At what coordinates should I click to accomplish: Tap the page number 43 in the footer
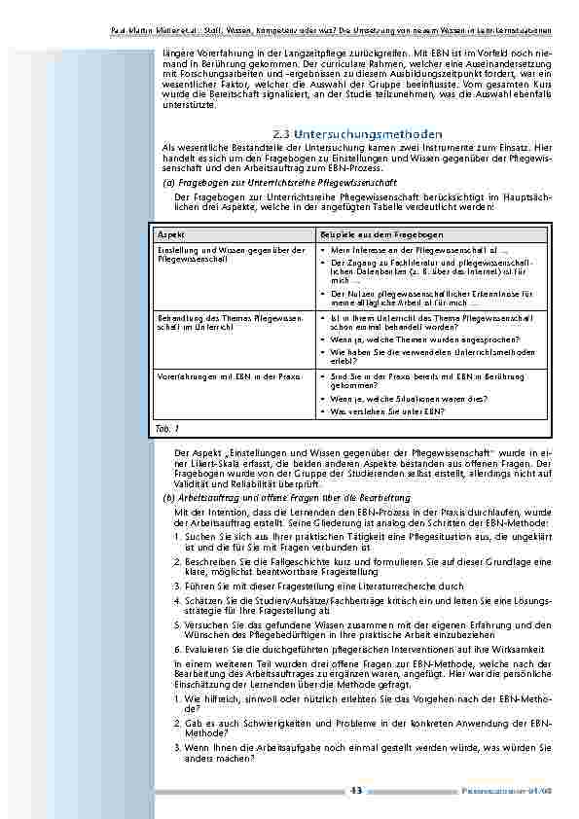[x=356, y=791]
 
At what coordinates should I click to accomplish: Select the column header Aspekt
[x=170, y=235]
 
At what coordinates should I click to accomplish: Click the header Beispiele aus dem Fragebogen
[x=380, y=235]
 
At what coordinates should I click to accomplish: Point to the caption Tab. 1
[x=167, y=428]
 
